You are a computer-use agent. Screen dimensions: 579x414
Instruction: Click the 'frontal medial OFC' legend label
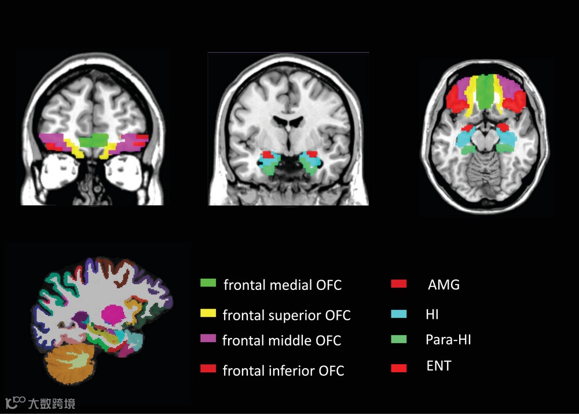(x=283, y=285)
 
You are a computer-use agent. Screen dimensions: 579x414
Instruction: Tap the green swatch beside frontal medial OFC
(x=208, y=283)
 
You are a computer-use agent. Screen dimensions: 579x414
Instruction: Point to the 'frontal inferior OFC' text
(x=283, y=371)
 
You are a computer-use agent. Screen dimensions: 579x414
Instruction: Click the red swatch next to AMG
(x=399, y=284)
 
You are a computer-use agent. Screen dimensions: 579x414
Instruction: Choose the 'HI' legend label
(x=432, y=315)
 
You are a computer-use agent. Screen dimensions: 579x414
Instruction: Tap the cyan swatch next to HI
(x=399, y=314)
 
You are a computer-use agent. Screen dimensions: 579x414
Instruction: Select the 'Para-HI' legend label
(x=448, y=340)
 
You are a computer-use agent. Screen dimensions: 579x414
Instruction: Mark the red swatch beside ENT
(x=399, y=368)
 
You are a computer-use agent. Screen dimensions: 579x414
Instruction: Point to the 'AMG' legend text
(x=444, y=285)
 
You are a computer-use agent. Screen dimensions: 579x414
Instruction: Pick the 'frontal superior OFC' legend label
(x=287, y=315)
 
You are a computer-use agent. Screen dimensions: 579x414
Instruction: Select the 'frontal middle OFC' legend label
(x=282, y=341)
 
